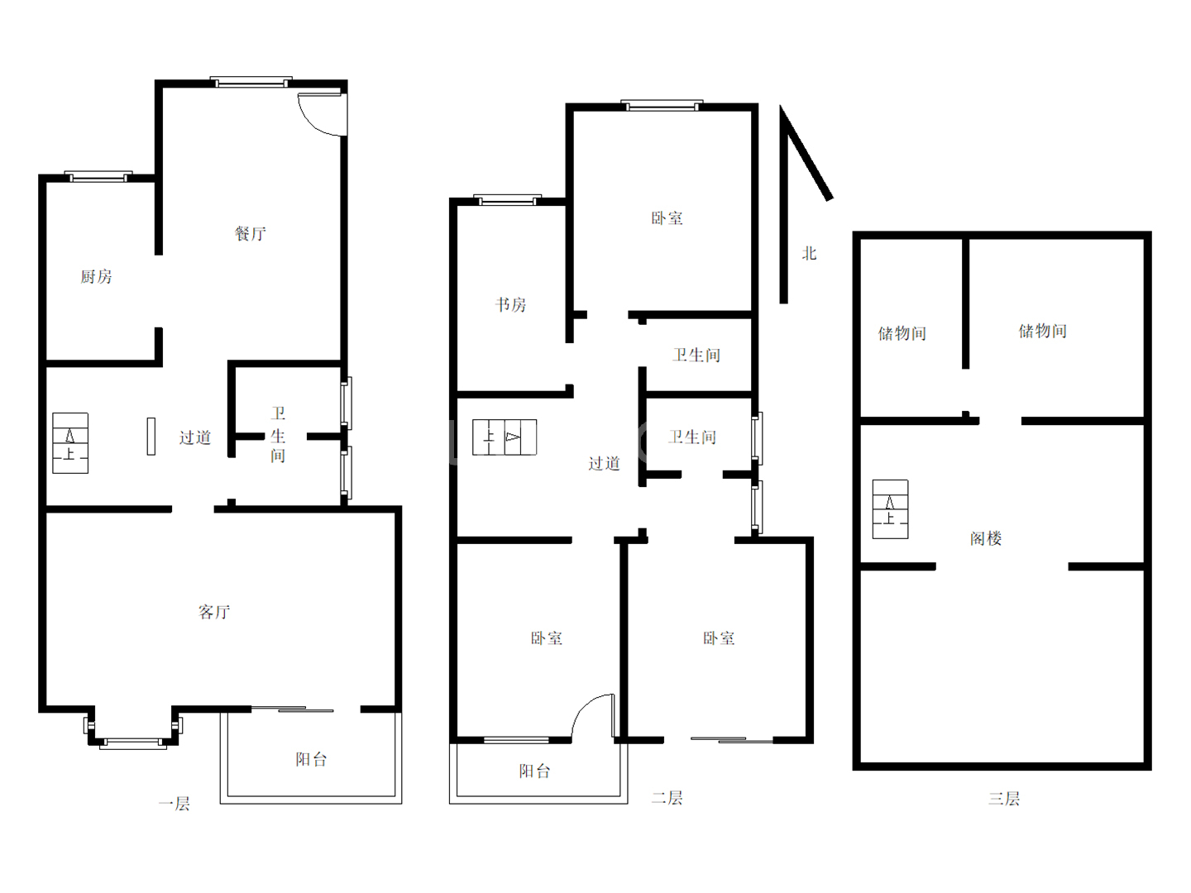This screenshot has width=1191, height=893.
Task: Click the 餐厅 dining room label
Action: [x=250, y=234]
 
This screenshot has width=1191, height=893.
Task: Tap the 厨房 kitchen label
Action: [x=96, y=276]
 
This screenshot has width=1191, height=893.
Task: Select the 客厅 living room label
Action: [x=213, y=612]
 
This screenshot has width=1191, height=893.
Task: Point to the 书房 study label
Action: [x=510, y=305]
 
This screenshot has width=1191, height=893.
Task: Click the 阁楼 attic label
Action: [x=986, y=538]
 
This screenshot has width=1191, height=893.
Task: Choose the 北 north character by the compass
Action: [x=809, y=253]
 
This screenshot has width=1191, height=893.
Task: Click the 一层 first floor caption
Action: [x=175, y=804]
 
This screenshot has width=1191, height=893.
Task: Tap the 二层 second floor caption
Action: [x=667, y=798]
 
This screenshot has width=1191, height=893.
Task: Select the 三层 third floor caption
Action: [x=1004, y=799]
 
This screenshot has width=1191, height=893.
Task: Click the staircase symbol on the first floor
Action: [x=70, y=443]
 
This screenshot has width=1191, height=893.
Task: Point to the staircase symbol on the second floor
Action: [x=505, y=437]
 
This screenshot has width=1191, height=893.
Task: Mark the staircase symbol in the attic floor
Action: [x=891, y=509]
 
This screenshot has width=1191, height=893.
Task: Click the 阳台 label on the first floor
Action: [x=311, y=760]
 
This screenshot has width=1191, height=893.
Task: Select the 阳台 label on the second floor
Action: [x=534, y=771]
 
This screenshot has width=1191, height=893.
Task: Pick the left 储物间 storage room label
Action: [x=902, y=333]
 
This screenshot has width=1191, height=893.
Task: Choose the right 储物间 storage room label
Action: [x=1042, y=331]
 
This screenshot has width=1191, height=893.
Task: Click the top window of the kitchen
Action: [x=98, y=177]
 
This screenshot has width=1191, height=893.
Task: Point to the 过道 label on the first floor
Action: [x=195, y=437]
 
